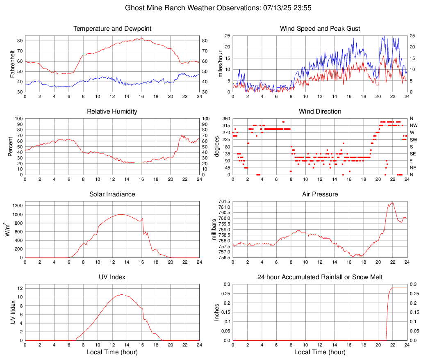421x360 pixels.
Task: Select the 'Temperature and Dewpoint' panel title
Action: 112,29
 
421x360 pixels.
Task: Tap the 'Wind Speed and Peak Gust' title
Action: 320,29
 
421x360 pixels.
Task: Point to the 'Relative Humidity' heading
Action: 112,112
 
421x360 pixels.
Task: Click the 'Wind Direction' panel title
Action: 320,112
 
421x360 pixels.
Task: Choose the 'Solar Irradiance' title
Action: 112,194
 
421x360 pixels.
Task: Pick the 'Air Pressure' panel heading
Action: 320,194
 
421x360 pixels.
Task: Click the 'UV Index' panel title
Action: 112,277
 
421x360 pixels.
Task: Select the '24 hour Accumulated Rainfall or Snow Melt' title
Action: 320,277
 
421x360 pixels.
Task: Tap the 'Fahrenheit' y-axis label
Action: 12,64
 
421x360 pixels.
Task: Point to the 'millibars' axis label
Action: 214,230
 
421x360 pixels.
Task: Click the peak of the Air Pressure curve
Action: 392,202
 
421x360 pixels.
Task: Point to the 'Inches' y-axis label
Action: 217,312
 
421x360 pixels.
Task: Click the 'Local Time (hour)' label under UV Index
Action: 112,352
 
